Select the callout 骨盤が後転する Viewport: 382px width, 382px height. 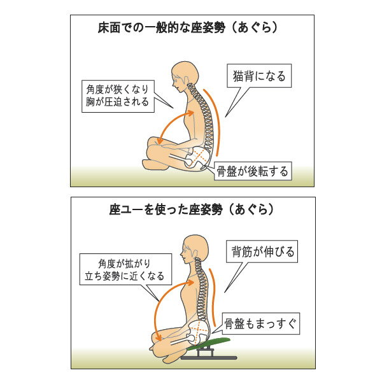tap(253, 171)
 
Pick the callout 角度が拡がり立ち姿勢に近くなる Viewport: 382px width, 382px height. tap(124, 269)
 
